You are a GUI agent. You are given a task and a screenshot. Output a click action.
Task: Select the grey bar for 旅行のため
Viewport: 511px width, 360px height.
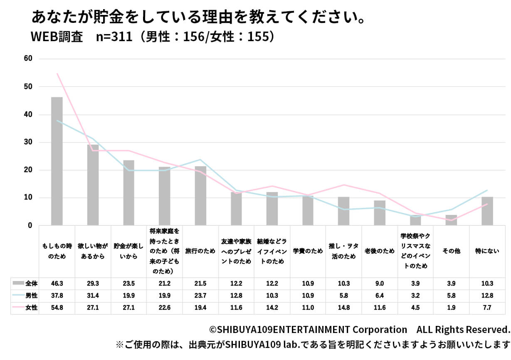[x=200, y=196]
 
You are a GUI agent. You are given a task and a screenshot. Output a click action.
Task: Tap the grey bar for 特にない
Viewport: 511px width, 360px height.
[x=487, y=211]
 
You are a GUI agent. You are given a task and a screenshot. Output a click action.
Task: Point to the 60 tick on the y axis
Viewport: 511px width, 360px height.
[x=28, y=59]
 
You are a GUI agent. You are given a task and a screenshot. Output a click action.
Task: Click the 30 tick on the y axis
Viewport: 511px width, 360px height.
[x=28, y=142]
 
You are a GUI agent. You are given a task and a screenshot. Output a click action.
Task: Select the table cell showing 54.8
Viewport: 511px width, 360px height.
[x=57, y=308]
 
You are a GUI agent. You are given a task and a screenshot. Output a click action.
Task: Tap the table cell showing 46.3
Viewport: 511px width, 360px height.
[x=57, y=284]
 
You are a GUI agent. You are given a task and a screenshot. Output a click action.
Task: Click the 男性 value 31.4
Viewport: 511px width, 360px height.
[x=93, y=296]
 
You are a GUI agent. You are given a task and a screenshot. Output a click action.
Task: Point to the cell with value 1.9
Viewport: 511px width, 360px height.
[x=452, y=308]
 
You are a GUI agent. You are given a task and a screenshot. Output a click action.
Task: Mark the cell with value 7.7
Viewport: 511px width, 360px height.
[x=487, y=308]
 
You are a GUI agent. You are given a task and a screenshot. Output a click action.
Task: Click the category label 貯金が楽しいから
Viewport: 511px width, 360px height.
[x=129, y=251]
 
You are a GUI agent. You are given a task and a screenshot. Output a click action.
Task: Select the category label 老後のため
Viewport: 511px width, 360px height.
[x=380, y=251]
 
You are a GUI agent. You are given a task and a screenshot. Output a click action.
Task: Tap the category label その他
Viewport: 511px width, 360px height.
[x=452, y=251]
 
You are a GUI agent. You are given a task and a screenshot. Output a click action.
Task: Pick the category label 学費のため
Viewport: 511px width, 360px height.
[x=308, y=251]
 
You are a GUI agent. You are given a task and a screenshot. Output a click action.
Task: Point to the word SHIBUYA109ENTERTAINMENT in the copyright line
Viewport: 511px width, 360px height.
[x=283, y=330]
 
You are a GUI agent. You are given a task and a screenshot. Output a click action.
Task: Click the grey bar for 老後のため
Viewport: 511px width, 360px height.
[x=380, y=213]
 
